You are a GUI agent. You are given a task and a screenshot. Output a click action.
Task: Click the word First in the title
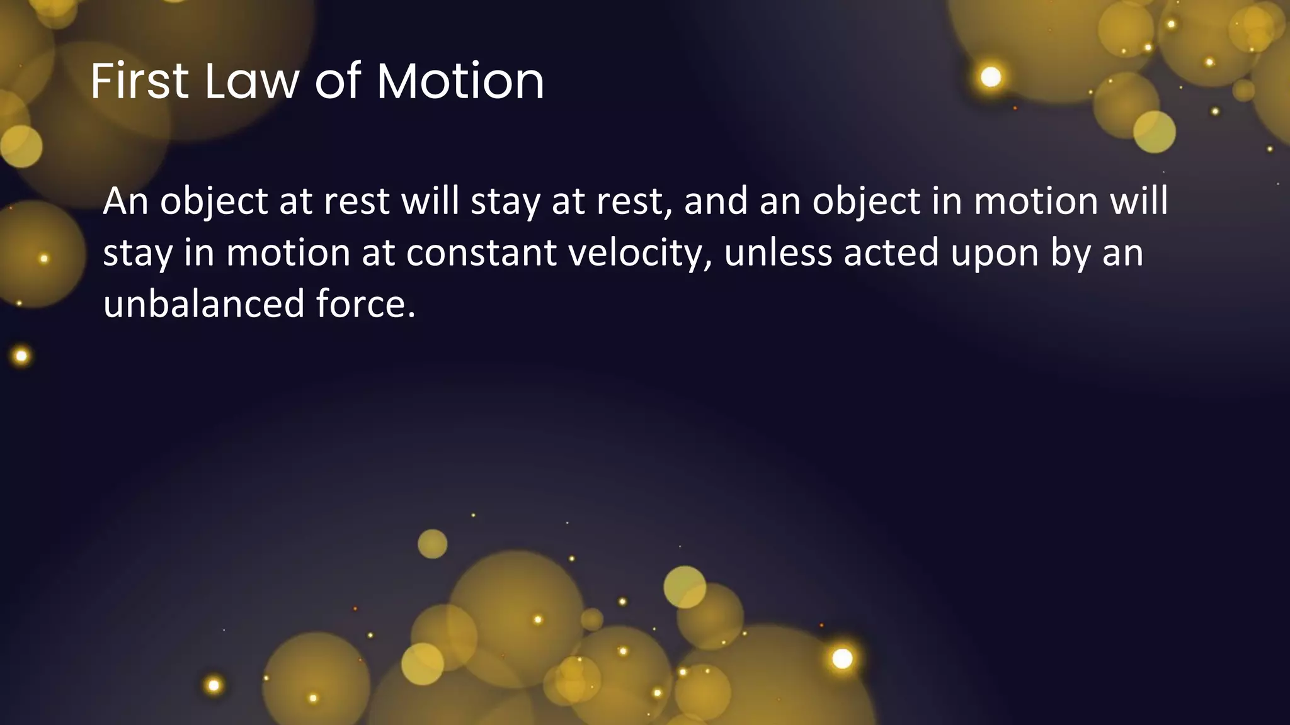point(139,81)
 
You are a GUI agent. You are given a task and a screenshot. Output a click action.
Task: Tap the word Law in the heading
point(252,81)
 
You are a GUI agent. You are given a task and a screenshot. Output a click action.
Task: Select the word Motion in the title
point(460,81)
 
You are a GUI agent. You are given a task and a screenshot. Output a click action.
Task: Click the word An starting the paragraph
point(125,201)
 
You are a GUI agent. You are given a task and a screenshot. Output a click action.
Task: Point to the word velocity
point(641,253)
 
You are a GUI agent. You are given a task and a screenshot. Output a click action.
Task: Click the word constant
point(481,253)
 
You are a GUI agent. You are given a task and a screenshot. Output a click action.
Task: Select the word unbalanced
point(203,304)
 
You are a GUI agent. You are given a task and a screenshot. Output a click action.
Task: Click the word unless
point(778,253)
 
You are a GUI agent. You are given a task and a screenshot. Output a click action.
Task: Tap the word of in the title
point(338,81)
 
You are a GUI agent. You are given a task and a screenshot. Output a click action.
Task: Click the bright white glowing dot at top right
point(991,77)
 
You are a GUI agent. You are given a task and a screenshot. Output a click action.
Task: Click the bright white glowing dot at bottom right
point(842,658)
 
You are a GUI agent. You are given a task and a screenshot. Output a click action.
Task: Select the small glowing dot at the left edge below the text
point(21,356)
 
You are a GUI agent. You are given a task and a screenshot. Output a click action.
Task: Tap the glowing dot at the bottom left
point(214,685)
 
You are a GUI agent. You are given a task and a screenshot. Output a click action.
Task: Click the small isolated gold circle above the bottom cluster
point(433,544)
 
